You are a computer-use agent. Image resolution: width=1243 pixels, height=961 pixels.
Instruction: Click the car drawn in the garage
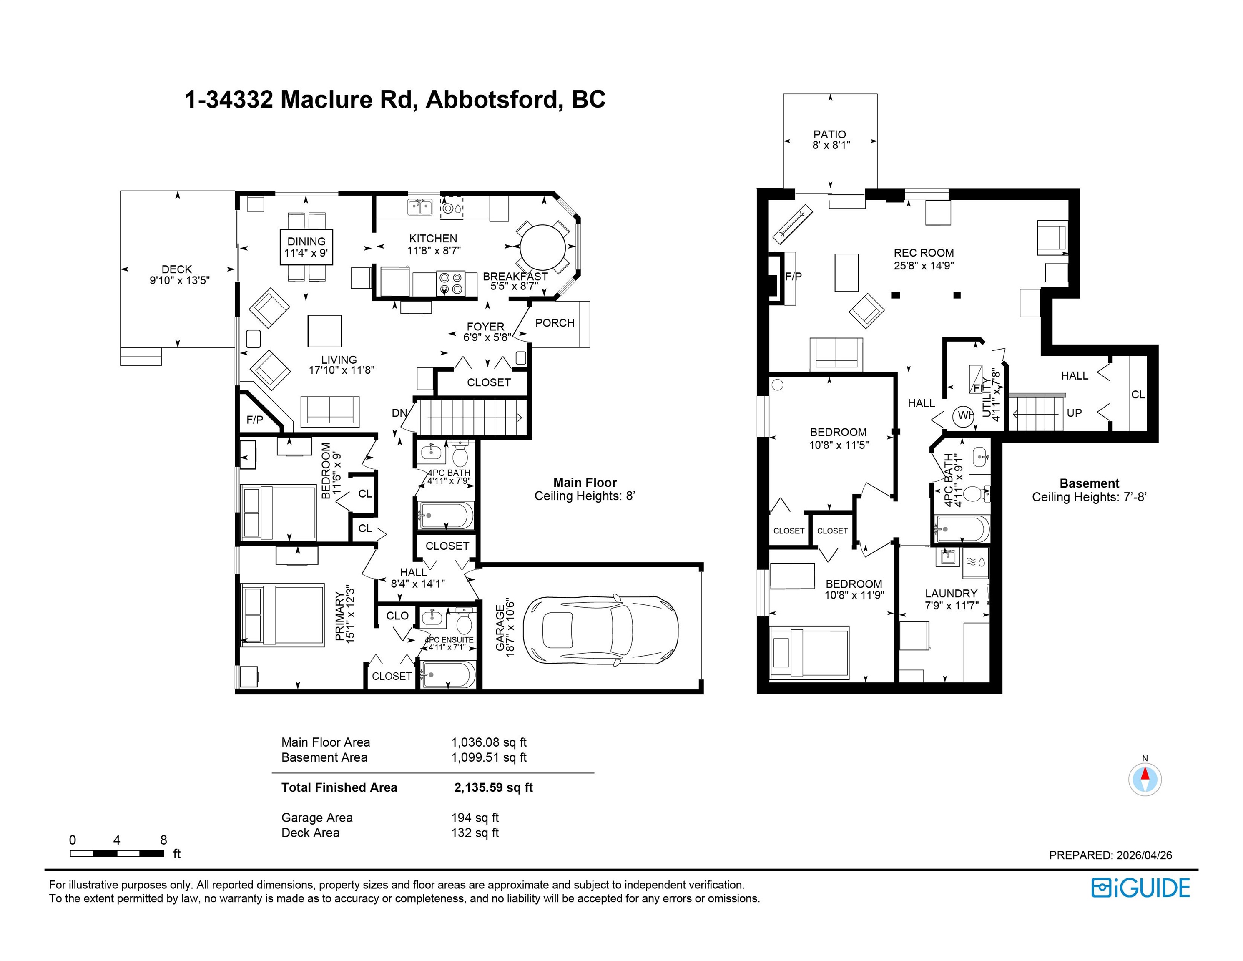pos(600,631)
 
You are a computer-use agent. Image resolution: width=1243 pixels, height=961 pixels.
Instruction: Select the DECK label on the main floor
pos(176,269)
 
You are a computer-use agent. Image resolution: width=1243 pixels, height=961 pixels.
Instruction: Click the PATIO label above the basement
pos(830,134)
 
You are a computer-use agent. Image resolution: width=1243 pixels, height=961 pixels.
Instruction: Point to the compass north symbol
pos(1145,778)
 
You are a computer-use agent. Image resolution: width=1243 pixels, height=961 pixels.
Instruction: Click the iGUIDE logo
pos(1140,888)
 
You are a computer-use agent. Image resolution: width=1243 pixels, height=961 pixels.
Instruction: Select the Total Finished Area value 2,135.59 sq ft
pos(493,787)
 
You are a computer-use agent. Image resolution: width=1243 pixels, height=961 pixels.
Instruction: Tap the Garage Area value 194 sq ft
pos(475,818)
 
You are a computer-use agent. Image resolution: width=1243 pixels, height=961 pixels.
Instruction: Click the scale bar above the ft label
pos(117,853)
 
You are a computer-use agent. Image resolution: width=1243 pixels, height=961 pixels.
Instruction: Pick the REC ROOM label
pos(924,253)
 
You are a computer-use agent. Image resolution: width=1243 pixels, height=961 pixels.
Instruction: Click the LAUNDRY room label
pos(951,593)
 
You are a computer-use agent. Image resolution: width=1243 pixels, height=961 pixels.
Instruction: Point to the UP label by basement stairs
pos(1074,413)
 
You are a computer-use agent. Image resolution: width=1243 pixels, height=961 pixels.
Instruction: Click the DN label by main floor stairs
pos(399,413)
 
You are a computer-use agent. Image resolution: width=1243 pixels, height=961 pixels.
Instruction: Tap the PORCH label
pos(555,323)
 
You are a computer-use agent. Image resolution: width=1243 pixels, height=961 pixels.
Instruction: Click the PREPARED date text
pos(1110,855)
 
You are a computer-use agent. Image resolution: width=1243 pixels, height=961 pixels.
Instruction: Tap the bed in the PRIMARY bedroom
pos(282,615)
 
